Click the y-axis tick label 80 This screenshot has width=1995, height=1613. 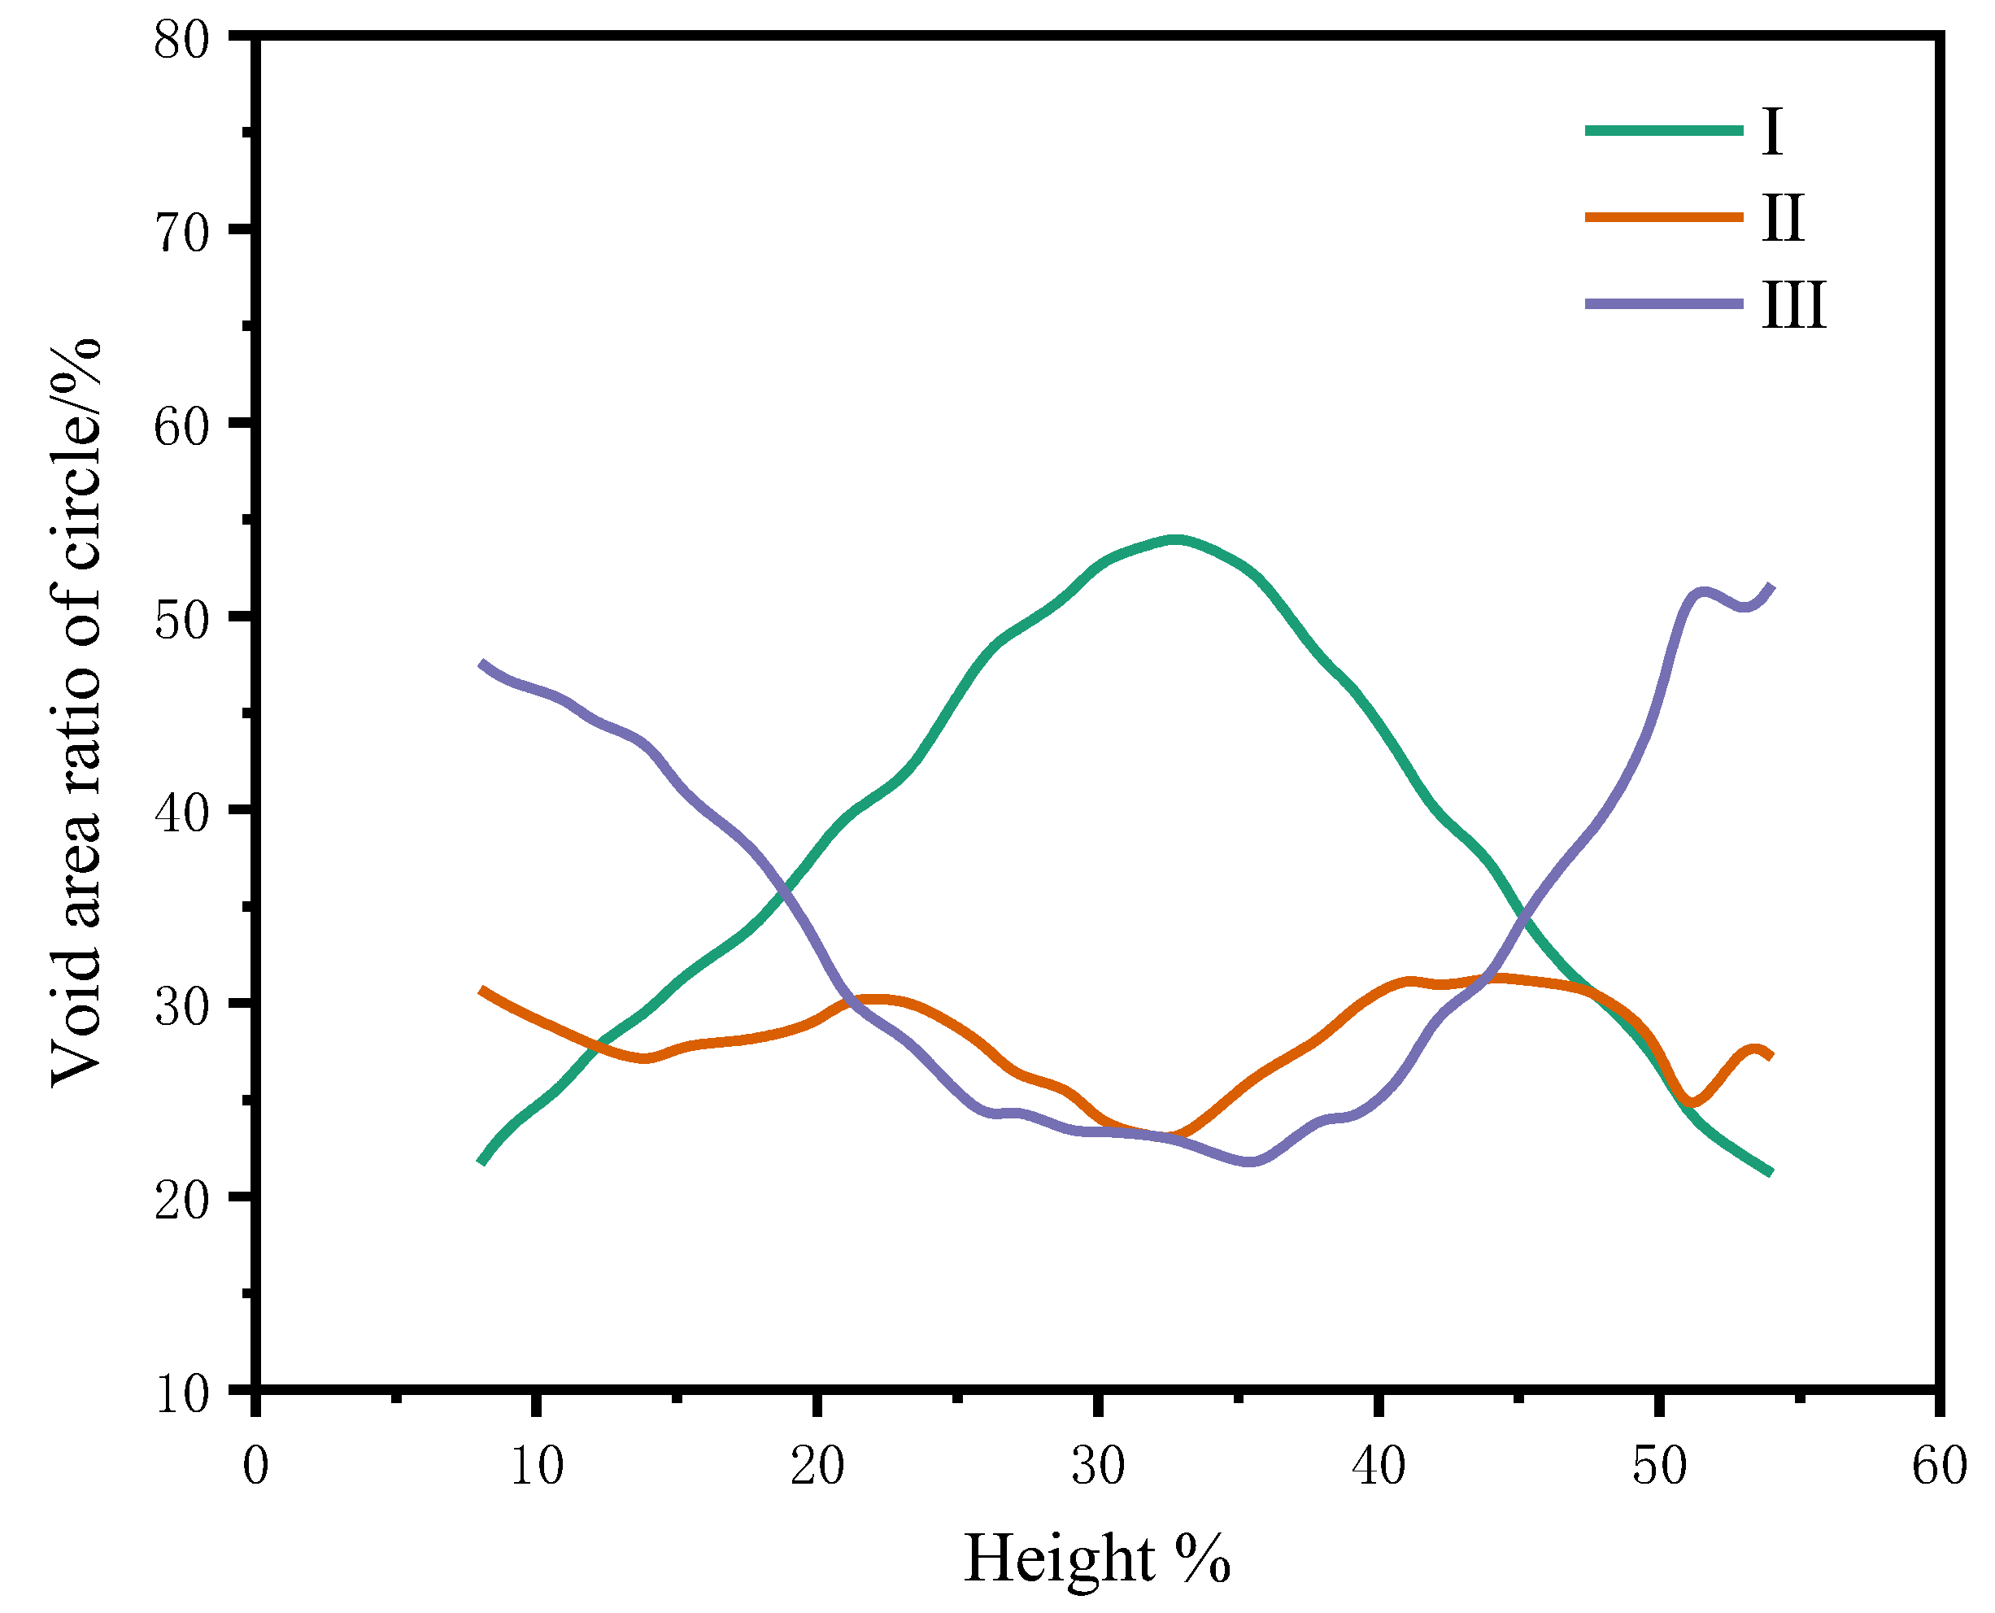click(182, 41)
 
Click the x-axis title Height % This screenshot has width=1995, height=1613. click(1097, 1559)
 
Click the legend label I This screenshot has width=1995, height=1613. click(1771, 132)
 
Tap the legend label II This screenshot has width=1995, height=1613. click(1782, 218)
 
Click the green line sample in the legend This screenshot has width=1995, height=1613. click(1663, 131)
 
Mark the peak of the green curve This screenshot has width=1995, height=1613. click(1176, 539)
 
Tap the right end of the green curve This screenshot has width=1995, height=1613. click(1771, 1174)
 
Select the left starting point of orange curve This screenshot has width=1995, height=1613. click(481, 991)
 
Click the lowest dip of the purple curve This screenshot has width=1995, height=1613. click(1250, 1162)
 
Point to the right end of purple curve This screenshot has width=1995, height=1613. click(1772, 586)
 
